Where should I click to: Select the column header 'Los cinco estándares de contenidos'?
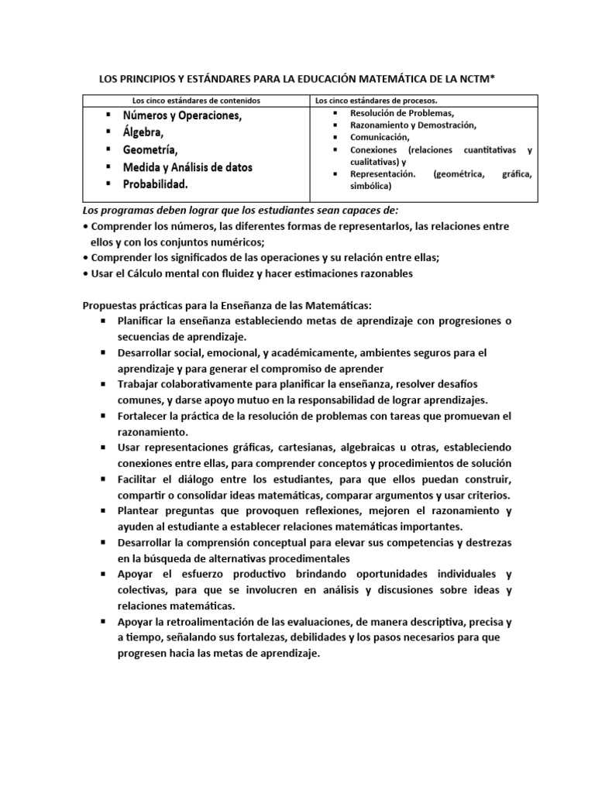pyautogui.click(x=196, y=101)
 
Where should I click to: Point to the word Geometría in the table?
pyautogui.click(x=150, y=149)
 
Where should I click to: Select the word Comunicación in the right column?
pyautogui.click(x=380, y=137)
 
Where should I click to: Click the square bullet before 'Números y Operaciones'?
pyautogui.click(x=105, y=115)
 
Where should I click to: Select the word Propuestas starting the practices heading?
pyautogui.click(x=110, y=305)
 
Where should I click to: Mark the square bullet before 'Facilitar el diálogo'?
pyautogui.click(x=102, y=480)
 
